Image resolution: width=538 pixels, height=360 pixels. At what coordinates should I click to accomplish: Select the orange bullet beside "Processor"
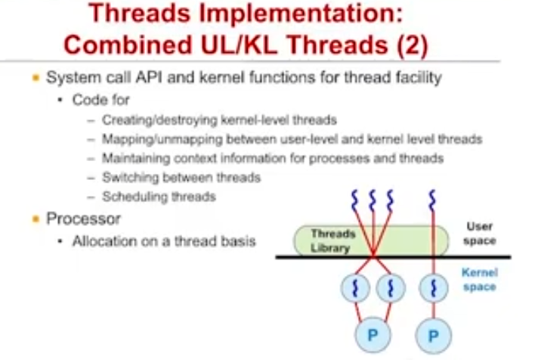point(35,219)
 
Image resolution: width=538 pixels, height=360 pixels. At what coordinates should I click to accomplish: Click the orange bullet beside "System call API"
point(35,77)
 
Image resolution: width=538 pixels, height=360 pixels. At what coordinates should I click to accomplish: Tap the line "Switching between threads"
point(181,178)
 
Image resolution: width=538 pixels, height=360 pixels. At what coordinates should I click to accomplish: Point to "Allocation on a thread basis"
point(164,241)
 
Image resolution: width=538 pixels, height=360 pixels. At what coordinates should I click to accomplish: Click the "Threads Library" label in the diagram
point(333,241)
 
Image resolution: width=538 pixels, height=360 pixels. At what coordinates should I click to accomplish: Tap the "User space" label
point(480,234)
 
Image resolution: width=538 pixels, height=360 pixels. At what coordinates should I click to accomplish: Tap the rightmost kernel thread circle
point(434,288)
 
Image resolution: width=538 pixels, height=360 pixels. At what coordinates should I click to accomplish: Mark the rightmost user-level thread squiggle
point(433,201)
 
